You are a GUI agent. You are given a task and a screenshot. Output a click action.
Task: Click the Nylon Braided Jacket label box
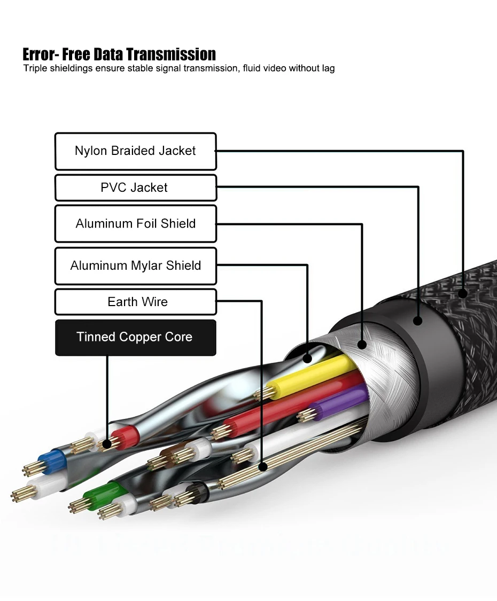[x=135, y=151]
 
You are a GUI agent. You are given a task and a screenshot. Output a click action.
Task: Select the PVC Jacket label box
[x=135, y=188]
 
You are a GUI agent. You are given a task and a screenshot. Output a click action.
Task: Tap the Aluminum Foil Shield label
[x=135, y=223]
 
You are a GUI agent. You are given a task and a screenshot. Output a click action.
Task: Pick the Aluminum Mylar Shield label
[x=135, y=266]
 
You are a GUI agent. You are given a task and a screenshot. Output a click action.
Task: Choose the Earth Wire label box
[x=135, y=302]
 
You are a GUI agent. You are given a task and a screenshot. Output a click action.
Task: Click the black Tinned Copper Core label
[x=135, y=337]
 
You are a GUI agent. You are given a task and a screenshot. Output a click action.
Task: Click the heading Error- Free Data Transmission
[x=119, y=54]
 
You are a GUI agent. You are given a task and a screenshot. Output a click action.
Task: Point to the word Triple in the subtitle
[x=35, y=68]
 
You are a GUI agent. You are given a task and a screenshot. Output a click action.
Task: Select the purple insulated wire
[x=342, y=403]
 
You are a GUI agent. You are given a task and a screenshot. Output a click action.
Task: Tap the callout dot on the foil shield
[x=362, y=345]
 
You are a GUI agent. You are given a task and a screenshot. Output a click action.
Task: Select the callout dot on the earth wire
[x=262, y=467]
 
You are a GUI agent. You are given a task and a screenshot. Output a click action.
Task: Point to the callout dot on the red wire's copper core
[x=107, y=443]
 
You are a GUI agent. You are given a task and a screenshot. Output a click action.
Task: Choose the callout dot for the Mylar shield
[x=307, y=358]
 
